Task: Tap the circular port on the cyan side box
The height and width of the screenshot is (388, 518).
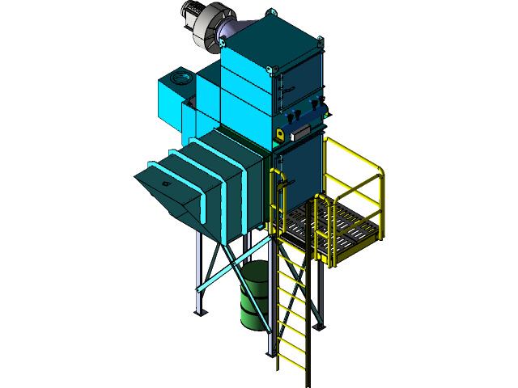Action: [179, 78]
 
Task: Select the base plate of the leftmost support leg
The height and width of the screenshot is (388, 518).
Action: [199, 314]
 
